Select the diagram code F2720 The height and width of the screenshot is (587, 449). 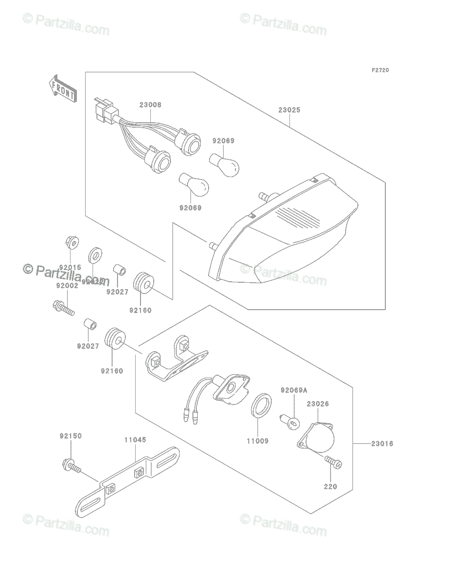click(x=380, y=70)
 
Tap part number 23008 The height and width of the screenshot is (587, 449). click(x=150, y=105)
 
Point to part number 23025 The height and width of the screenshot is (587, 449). click(x=289, y=110)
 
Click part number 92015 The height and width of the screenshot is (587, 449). click(x=71, y=268)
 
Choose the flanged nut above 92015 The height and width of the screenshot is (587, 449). click(x=71, y=242)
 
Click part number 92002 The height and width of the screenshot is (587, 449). click(x=67, y=285)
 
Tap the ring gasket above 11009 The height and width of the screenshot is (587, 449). click(x=260, y=406)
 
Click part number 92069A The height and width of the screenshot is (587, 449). click(x=294, y=390)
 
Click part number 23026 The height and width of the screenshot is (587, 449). click(x=318, y=404)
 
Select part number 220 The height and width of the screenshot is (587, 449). click(x=331, y=487)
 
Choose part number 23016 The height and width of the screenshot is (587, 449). click(x=382, y=444)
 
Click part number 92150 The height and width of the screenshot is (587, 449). click(x=71, y=435)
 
